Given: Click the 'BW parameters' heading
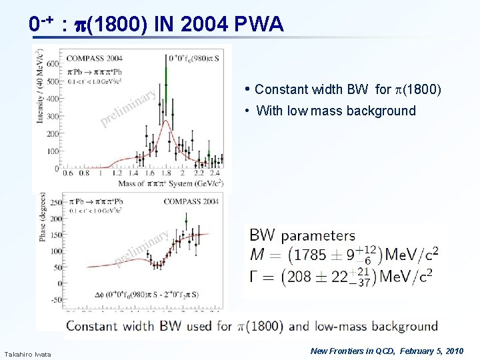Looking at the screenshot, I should click(302, 235).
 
